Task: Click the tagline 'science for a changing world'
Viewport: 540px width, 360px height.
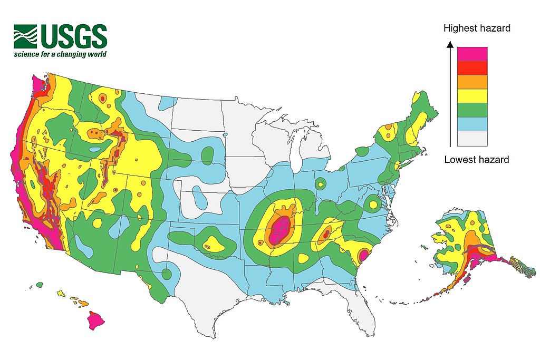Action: (61, 54)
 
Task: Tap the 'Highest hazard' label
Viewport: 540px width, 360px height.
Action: (477, 28)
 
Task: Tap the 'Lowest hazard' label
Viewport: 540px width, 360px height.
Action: (477, 159)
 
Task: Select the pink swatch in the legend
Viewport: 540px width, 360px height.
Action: (472, 54)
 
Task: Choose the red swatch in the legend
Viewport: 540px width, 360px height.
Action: (472, 68)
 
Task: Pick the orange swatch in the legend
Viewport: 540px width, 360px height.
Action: (472, 82)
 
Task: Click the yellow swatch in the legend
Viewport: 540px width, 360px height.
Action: (472, 96)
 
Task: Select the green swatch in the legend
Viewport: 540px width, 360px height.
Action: (472, 110)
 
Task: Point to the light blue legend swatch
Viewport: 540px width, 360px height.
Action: (472, 124)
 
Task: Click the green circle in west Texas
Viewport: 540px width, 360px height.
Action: (167, 274)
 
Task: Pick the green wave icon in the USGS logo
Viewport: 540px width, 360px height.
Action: (25, 36)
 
